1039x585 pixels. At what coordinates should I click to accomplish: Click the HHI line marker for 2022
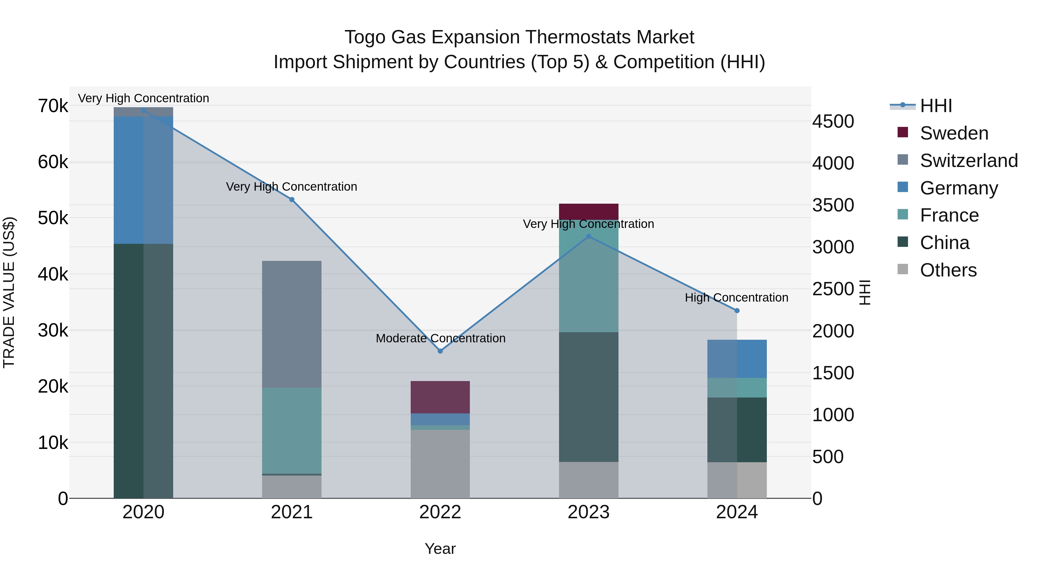pyautogui.click(x=440, y=351)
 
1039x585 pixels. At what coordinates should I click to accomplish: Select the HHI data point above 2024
pyautogui.click(x=737, y=311)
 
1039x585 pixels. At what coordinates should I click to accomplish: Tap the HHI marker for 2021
pyautogui.click(x=291, y=199)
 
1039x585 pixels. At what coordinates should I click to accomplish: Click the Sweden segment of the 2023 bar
pyautogui.click(x=588, y=211)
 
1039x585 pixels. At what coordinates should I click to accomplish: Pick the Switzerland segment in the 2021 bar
pyautogui.click(x=291, y=324)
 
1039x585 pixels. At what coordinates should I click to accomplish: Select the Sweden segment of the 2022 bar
pyautogui.click(x=440, y=397)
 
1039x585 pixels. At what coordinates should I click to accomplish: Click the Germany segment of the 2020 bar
pyautogui.click(x=143, y=180)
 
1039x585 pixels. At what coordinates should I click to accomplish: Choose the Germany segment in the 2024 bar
pyautogui.click(x=737, y=359)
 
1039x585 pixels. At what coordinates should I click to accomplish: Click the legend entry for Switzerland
pyautogui.click(x=968, y=161)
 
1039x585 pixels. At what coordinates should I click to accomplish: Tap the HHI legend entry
pyautogui.click(x=935, y=106)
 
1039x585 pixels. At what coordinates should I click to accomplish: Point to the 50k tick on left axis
pyautogui.click(x=53, y=218)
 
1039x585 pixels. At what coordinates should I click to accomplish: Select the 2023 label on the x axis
pyautogui.click(x=588, y=512)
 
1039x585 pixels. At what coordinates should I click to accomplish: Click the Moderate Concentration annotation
pyautogui.click(x=440, y=338)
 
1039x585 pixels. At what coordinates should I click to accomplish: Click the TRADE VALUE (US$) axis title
pyautogui.click(x=9, y=292)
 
